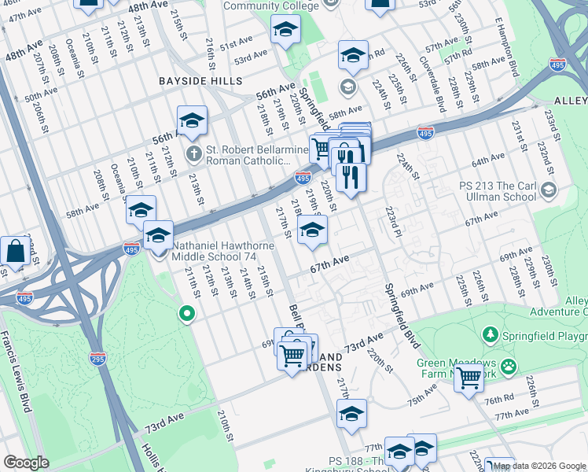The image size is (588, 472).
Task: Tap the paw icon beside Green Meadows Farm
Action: pyautogui.click(x=509, y=366)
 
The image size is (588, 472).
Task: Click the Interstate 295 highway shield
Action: pyautogui.click(x=97, y=360)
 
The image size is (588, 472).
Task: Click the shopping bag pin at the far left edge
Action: pyautogui.click(x=15, y=252)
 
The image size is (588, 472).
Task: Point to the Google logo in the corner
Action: pyautogui.click(x=27, y=463)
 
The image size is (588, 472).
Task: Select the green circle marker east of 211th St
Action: pyautogui.click(x=186, y=314)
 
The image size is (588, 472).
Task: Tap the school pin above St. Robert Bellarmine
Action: pyautogui.click(x=192, y=122)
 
